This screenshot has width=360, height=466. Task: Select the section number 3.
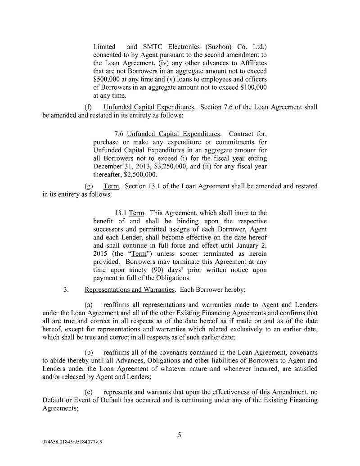pyautogui.click(x=66, y=290)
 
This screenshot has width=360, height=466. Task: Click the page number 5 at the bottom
pyautogui.click(x=180, y=434)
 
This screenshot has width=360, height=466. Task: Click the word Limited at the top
pyautogui.click(x=104, y=46)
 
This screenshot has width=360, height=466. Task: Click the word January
pyautogui.click(x=243, y=245)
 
